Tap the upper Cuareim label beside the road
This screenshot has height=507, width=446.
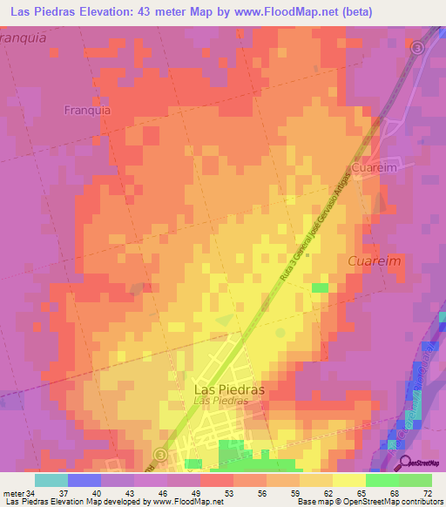(x=375, y=166)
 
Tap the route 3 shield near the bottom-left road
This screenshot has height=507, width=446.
(x=159, y=455)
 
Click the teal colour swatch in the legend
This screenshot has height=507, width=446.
(x=51, y=480)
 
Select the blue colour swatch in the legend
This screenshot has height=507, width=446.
(x=84, y=480)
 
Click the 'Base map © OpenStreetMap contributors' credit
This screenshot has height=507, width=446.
(x=368, y=503)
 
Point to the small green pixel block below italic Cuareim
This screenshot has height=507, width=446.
(x=321, y=287)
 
